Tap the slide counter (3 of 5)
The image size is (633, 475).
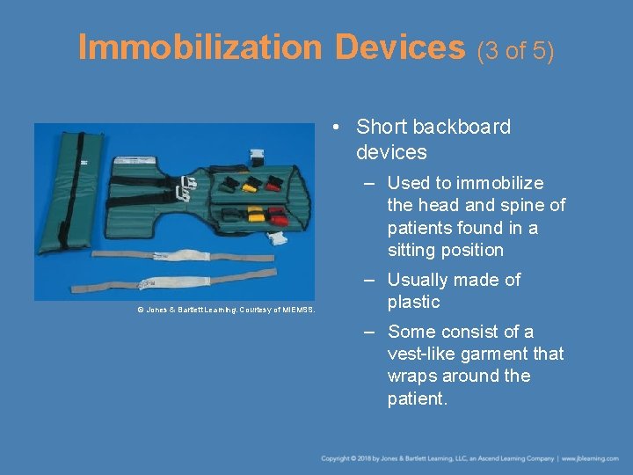click(516, 51)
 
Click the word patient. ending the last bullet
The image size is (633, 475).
click(418, 398)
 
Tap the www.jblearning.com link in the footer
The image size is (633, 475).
click(590, 458)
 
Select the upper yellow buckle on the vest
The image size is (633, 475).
click(251, 185)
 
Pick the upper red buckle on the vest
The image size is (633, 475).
click(273, 184)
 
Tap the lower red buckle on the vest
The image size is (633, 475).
click(277, 216)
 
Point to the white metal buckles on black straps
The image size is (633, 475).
click(186, 187)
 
